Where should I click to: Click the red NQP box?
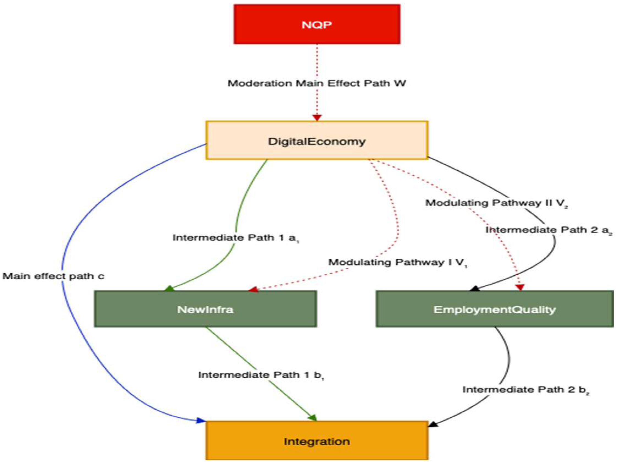[317, 24]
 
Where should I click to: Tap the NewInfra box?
[205, 309]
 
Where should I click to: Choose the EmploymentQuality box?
[494, 309]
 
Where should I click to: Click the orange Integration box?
[317, 441]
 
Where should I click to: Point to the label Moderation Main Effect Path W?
[317, 83]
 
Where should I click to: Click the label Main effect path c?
[53, 276]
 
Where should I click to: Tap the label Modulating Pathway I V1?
[397, 262]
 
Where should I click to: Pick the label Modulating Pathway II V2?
[497, 203]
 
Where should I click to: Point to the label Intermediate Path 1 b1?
[261, 375]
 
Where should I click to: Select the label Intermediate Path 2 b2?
[526, 390]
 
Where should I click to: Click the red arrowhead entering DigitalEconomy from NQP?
[317, 117]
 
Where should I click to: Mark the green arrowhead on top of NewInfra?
[169, 288]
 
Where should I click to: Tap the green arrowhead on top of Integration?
[313, 418]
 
